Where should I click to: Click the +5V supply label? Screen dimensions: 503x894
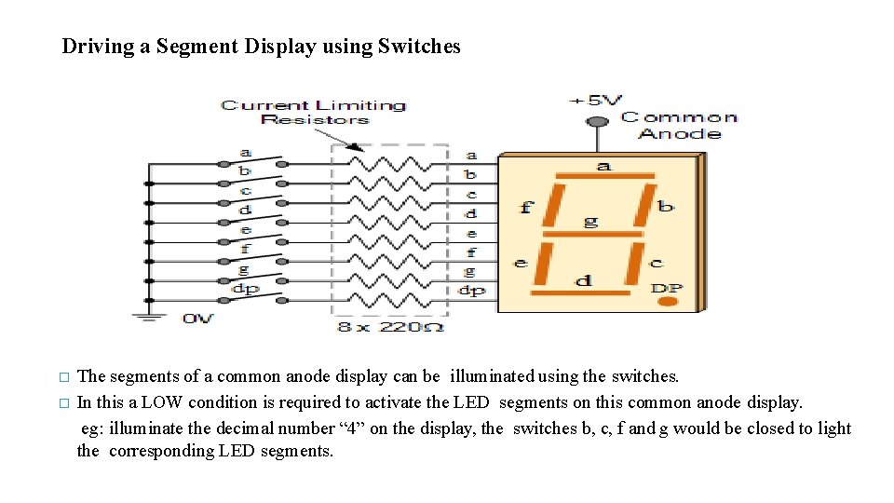(x=597, y=100)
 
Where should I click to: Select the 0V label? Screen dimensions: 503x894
(x=197, y=319)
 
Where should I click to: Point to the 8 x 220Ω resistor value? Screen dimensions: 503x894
(x=390, y=327)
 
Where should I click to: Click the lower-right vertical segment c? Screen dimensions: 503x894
(x=635, y=264)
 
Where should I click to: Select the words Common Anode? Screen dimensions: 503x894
(x=679, y=125)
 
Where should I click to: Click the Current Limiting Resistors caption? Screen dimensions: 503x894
(x=314, y=112)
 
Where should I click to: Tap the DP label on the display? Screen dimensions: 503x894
(x=667, y=287)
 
